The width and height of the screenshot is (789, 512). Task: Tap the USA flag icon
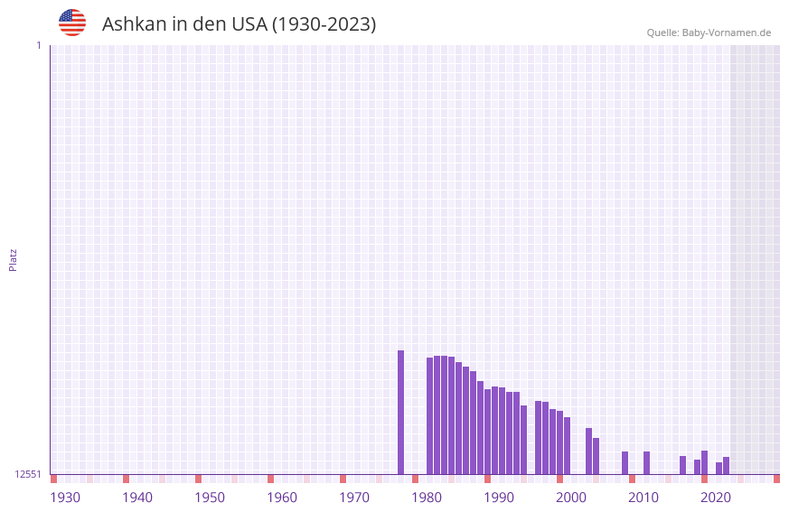click(x=72, y=23)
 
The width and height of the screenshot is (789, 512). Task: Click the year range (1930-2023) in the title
click(x=324, y=24)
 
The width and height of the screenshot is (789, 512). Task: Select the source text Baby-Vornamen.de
click(x=726, y=33)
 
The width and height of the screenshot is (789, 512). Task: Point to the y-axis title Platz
click(x=13, y=259)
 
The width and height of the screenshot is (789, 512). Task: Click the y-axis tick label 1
click(x=38, y=45)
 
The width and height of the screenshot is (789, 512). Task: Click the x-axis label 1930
click(x=65, y=498)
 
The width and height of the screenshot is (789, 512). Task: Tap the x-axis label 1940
click(x=137, y=498)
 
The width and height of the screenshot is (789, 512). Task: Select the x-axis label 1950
click(x=210, y=498)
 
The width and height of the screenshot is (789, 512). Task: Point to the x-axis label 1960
click(x=282, y=498)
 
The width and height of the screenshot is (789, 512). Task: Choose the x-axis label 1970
click(x=354, y=498)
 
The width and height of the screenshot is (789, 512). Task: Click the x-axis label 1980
click(x=427, y=498)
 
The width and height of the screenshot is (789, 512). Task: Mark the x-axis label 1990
click(x=499, y=498)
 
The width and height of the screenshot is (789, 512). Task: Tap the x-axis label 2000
click(x=571, y=498)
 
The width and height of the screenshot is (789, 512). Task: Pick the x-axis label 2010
click(x=643, y=498)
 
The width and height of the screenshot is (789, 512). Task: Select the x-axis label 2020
click(x=716, y=498)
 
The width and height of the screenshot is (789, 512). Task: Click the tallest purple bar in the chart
click(x=401, y=412)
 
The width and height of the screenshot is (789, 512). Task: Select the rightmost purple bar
click(x=726, y=466)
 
